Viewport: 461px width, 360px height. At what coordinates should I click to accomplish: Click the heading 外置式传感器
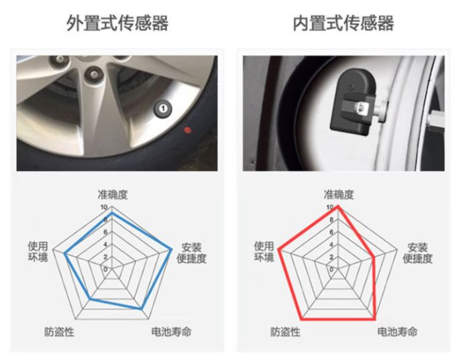tap(117, 23)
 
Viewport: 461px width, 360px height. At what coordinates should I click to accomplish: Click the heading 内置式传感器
tap(343, 23)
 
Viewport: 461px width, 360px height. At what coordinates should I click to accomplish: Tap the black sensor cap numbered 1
tap(163, 109)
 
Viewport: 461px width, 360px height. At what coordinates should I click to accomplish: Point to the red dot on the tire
tap(187, 130)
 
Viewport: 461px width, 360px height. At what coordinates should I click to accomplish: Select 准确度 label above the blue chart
tap(112, 194)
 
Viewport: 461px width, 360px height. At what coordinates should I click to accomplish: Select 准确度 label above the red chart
tap(339, 194)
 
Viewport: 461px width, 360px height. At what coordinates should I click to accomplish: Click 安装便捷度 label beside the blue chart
tap(191, 253)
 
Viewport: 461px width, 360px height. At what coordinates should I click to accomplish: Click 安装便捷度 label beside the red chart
tap(418, 253)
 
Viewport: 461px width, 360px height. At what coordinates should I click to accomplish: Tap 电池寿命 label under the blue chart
tap(172, 331)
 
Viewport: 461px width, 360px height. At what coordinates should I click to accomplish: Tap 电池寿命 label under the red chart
tap(397, 331)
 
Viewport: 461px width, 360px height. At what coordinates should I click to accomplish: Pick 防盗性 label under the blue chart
tap(59, 332)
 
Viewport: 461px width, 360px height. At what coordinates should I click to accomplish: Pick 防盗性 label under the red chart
tap(286, 332)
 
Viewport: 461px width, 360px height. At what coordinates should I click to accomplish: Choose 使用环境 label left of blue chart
tap(38, 252)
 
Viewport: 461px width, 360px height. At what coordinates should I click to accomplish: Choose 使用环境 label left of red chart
tap(264, 252)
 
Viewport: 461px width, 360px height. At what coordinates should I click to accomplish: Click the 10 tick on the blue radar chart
tap(104, 207)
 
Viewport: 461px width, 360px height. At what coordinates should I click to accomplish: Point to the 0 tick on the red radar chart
tap(332, 269)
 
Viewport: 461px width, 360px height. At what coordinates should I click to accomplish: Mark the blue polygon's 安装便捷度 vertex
tap(172, 250)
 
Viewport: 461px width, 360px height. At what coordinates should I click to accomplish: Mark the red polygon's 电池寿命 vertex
tap(375, 319)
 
